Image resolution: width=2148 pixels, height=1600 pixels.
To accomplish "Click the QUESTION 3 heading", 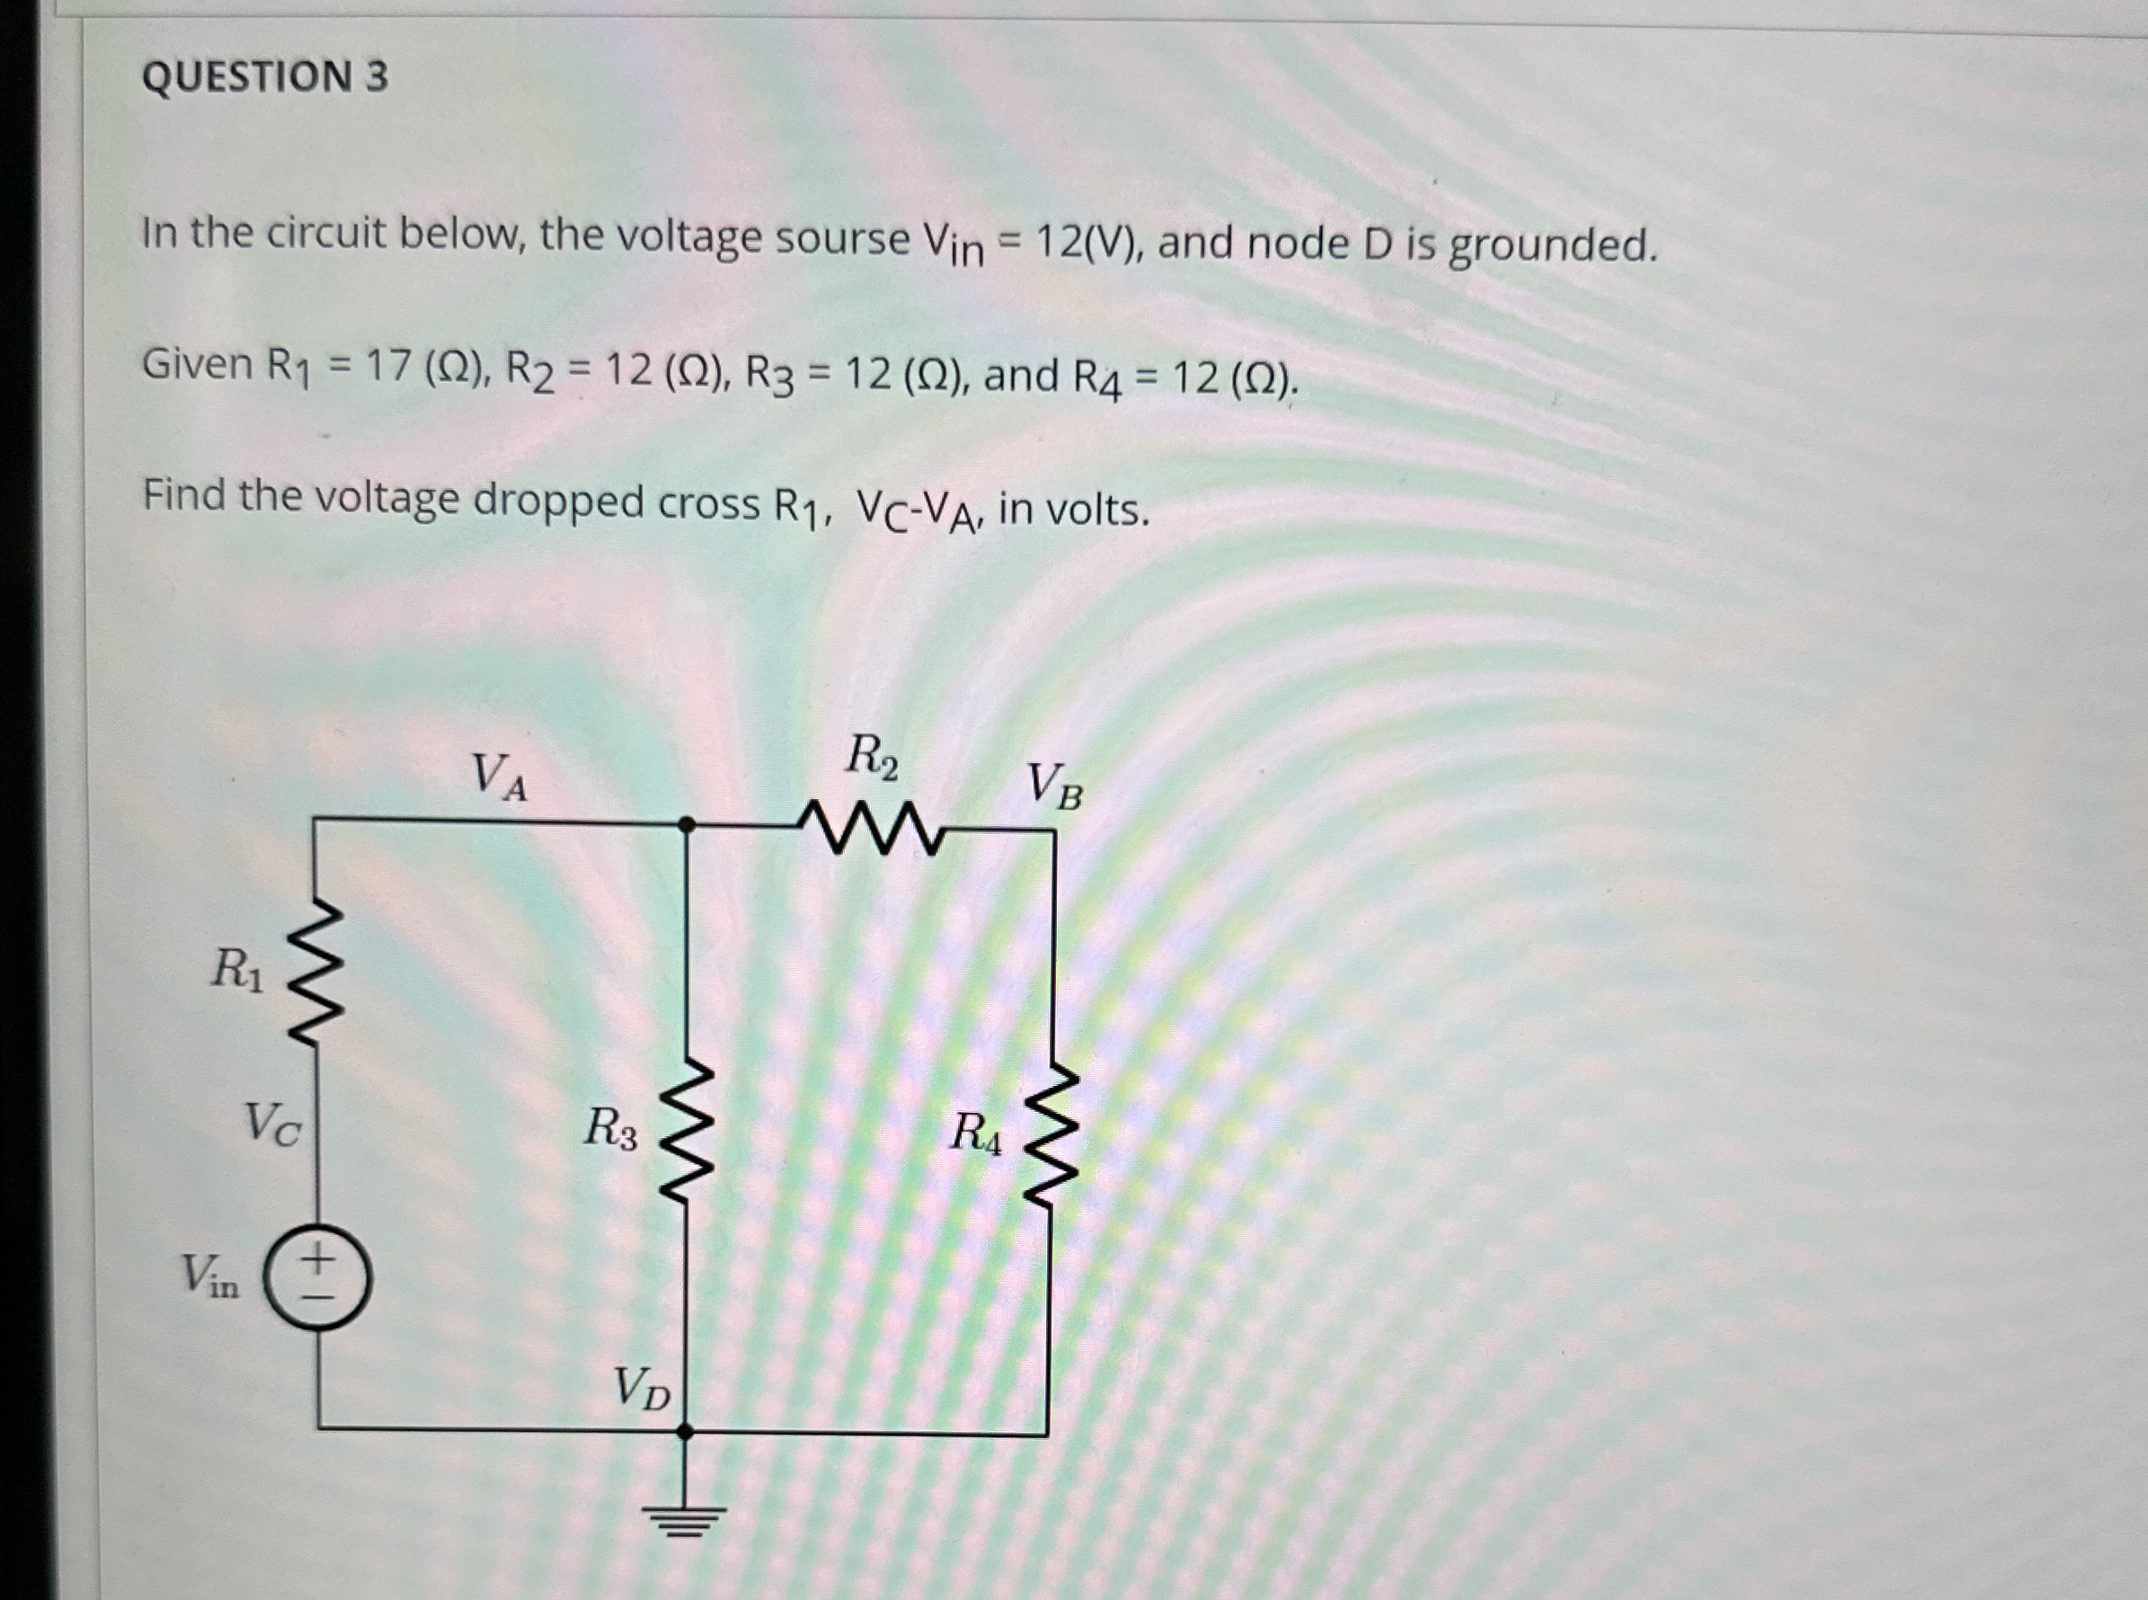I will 264,76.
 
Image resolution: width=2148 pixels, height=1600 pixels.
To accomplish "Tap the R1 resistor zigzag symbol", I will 316,974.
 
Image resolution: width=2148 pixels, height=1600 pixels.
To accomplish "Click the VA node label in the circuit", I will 499,778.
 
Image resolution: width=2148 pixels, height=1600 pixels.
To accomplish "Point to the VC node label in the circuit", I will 272,1124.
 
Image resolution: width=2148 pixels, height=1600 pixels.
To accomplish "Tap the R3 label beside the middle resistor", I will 610,1128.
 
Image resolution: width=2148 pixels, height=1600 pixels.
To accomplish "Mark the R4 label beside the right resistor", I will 976,1133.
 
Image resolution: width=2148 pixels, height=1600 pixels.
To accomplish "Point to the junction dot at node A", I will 686,825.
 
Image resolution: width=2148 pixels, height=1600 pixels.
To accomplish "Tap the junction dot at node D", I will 685,1430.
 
